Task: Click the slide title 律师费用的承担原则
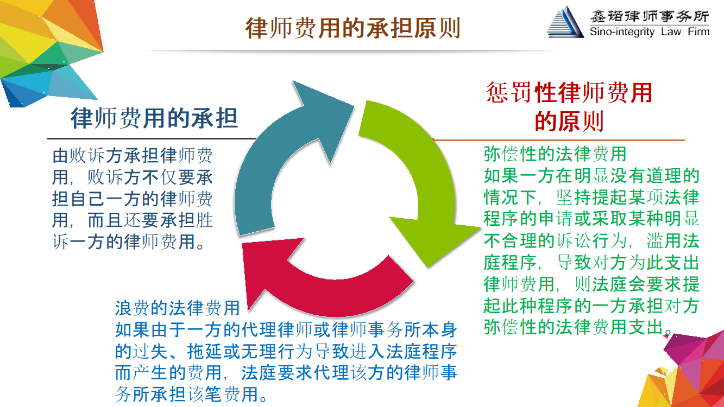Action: click(352, 28)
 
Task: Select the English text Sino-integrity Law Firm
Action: click(650, 31)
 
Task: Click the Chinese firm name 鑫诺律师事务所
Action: click(650, 16)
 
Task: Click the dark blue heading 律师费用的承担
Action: click(154, 118)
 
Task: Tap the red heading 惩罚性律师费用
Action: click(569, 92)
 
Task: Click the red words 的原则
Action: click(569, 121)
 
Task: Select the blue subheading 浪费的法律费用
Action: click(178, 308)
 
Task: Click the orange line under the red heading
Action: click(559, 140)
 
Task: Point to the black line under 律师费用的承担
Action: click(152, 138)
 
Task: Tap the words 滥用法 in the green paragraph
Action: click(672, 240)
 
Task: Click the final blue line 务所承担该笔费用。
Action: click(191, 394)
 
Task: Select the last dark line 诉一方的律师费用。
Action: click(129, 241)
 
